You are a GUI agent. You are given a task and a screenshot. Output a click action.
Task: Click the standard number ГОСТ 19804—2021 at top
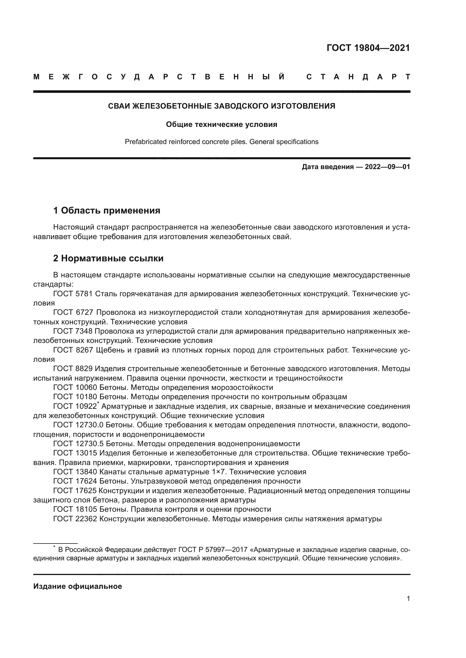[368, 48]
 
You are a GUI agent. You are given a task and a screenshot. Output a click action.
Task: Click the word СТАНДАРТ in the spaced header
[358, 77]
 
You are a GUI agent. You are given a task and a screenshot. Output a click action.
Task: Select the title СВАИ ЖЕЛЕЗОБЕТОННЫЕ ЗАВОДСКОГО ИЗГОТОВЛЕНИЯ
[221, 106]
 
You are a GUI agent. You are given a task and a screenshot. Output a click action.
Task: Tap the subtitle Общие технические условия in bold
[221, 125]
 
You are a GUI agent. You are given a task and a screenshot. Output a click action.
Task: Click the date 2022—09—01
[387, 167]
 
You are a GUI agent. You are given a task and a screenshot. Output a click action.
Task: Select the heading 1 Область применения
[107, 211]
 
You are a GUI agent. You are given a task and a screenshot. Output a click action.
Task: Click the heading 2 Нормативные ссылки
[108, 259]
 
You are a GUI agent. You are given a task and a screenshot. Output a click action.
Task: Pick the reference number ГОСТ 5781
[73, 294]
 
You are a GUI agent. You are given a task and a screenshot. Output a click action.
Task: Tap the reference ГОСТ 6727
[73, 312]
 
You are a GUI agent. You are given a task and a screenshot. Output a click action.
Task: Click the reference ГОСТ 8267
[73, 350]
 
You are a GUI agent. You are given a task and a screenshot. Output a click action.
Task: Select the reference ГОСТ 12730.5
[78, 444]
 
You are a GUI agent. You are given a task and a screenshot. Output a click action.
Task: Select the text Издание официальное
[77, 586]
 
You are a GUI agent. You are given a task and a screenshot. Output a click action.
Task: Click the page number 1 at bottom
[408, 599]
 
